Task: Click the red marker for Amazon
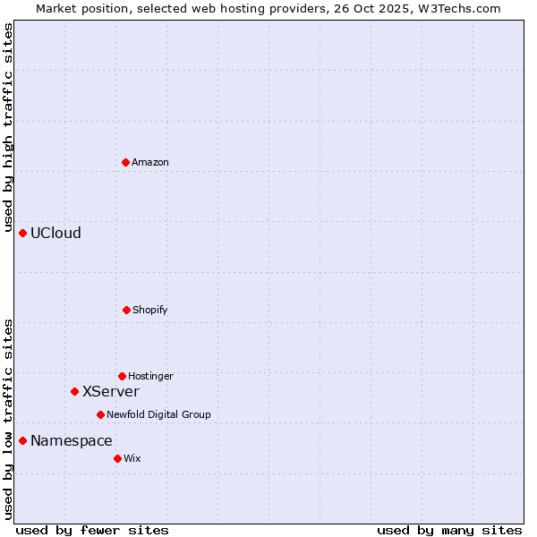[125, 162]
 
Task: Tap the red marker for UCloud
[22, 233]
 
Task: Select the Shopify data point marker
[126, 310]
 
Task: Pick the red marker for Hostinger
[122, 376]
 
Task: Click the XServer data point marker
[74, 391]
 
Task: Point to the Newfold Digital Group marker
[100, 414]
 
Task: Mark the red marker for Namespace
[22, 440]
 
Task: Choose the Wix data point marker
[117, 458]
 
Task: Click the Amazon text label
[150, 162]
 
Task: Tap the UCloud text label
[55, 233]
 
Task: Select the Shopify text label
[150, 310]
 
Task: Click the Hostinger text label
[150, 376]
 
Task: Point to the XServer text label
[111, 391]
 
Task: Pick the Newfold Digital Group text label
[158, 414]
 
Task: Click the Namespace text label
[72, 440]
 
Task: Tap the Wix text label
[132, 458]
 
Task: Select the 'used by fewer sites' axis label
[92, 530]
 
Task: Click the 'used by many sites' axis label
[449, 530]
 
